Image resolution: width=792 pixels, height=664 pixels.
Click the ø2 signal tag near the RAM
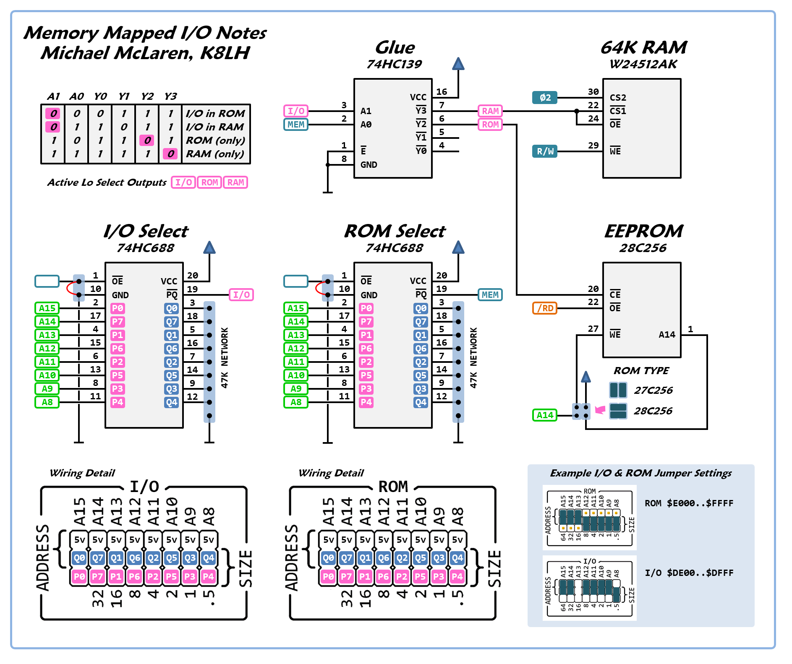pyautogui.click(x=545, y=98)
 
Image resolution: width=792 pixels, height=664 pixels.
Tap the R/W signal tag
pyautogui.click(x=545, y=151)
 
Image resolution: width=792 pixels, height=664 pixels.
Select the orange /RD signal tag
pyautogui.click(x=545, y=308)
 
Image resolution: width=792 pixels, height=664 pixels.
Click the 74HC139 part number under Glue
pyautogui.click(x=394, y=64)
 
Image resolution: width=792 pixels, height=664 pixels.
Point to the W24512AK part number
pyautogui.click(x=643, y=64)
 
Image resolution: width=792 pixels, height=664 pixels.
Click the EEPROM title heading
pyautogui.click(x=643, y=231)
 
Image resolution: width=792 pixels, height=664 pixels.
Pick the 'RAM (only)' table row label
pyautogui.click(x=215, y=154)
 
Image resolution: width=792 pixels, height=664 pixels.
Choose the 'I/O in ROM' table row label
pyautogui.click(x=215, y=114)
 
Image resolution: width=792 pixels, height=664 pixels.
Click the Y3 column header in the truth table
pyautogui.click(x=170, y=96)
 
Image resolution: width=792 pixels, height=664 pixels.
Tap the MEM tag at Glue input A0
pyautogui.click(x=296, y=125)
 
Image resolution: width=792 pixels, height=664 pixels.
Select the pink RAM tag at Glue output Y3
pyautogui.click(x=490, y=111)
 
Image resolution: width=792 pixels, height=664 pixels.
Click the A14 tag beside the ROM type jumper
pyautogui.click(x=545, y=415)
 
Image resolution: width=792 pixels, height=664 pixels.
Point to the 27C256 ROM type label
pyautogui.click(x=653, y=391)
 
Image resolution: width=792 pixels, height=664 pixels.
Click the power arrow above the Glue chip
pyautogui.click(x=458, y=64)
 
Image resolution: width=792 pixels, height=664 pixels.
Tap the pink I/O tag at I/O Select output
pyautogui.click(x=241, y=295)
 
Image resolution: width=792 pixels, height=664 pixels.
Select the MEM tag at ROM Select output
pyautogui.click(x=490, y=295)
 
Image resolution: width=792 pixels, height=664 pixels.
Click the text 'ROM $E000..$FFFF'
pyautogui.click(x=689, y=503)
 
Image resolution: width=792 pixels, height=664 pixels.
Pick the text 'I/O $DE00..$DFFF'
pyautogui.click(x=689, y=573)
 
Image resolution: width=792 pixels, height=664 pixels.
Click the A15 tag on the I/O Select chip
pyautogui.click(x=47, y=308)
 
